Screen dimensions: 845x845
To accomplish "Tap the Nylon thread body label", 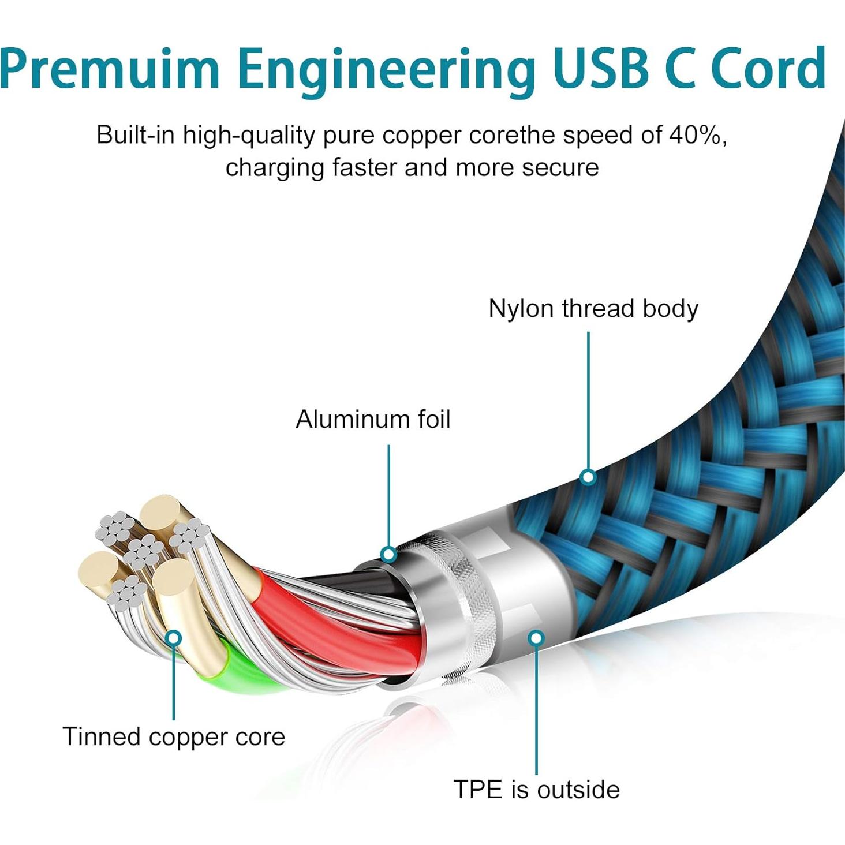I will tap(593, 309).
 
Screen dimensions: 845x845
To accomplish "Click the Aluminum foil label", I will tap(373, 420).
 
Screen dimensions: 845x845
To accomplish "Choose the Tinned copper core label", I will tap(174, 737).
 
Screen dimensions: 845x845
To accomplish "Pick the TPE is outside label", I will tap(536, 790).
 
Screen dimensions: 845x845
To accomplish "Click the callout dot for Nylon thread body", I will tap(588, 477).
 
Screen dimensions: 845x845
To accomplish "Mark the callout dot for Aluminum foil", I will tap(388, 555).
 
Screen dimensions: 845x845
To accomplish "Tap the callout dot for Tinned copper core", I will tap(173, 638).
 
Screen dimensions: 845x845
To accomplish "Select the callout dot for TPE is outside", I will tap(536, 638).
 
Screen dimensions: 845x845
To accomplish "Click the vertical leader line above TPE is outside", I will tap(536, 710).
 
